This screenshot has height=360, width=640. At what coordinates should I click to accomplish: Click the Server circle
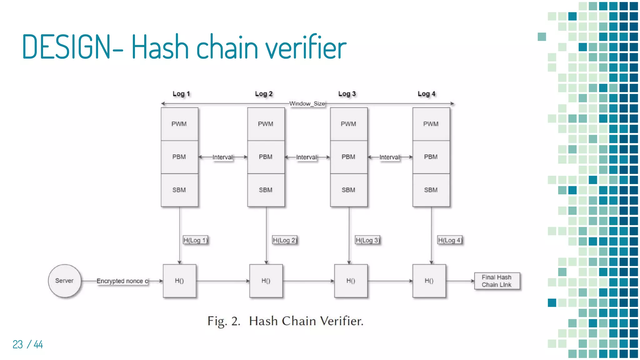click(65, 281)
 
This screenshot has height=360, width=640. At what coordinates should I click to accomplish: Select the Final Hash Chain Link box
click(497, 281)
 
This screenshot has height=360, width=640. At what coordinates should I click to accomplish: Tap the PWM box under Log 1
click(179, 124)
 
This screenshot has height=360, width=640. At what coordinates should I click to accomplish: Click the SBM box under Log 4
click(431, 190)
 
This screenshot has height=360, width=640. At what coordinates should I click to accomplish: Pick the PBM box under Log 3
click(348, 157)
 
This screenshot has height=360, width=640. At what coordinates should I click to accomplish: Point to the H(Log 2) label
click(284, 240)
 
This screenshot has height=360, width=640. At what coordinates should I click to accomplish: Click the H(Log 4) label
click(449, 240)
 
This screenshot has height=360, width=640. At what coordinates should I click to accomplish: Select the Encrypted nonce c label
click(122, 281)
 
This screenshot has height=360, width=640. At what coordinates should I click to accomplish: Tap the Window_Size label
click(307, 104)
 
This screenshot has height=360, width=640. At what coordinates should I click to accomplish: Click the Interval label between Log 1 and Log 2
click(222, 157)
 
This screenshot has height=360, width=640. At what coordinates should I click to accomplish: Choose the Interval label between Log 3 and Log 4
click(389, 157)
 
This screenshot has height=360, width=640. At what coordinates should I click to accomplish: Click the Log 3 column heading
click(347, 94)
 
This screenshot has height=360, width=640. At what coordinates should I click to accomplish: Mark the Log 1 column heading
click(181, 94)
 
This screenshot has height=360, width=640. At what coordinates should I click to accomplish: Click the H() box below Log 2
click(266, 281)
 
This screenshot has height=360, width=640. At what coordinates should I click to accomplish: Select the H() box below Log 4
click(429, 281)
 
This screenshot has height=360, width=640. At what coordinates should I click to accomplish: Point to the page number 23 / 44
click(27, 344)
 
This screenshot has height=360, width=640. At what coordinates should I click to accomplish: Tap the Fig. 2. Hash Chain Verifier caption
click(285, 321)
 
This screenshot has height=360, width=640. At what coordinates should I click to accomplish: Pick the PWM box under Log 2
click(266, 124)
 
